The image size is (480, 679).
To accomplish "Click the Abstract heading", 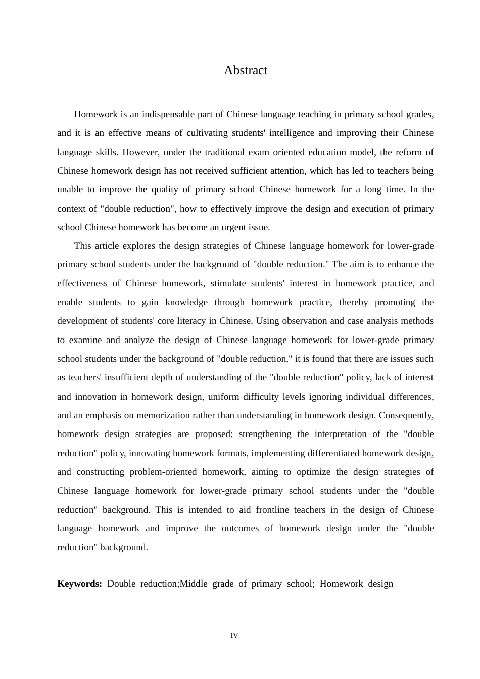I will [246, 70].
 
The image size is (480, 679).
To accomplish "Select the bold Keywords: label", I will [79, 584].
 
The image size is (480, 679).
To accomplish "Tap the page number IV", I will [234, 635].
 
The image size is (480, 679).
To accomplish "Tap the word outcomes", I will [239, 528].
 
